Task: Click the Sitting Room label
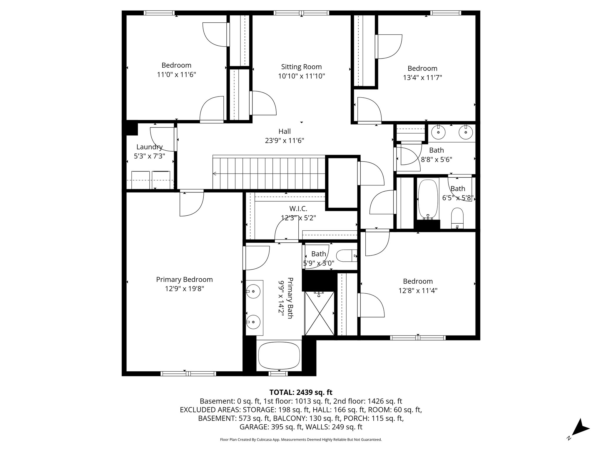[x=301, y=67]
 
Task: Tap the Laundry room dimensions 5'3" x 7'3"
[x=149, y=156]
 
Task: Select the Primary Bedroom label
[x=184, y=279]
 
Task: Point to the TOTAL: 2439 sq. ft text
[x=301, y=392]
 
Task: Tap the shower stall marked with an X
[x=320, y=313]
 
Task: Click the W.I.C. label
[x=298, y=209]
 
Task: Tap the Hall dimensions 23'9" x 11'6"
[x=284, y=141]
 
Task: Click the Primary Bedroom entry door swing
[x=191, y=204]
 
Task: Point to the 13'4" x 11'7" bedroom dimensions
[x=422, y=78]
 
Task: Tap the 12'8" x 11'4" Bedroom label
[x=418, y=281]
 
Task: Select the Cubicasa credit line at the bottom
[x=301, y=440]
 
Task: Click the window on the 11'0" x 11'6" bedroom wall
[x=159, y=13]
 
